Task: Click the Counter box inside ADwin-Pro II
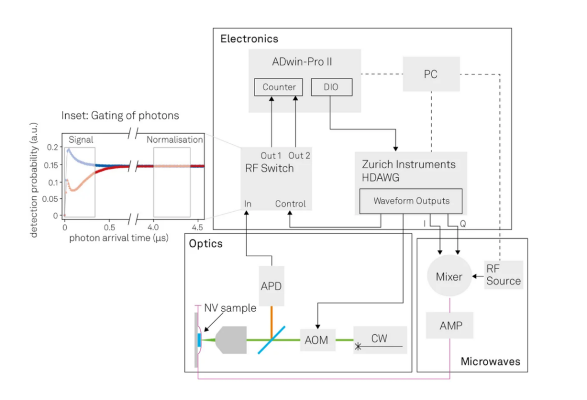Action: [278, 87]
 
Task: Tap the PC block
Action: [430, 74]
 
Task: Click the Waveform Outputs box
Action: [411, 202]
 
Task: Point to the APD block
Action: [271, 286]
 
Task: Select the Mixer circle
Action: [449, 276]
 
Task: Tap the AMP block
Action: [450, 325]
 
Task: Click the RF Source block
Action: [503, 275]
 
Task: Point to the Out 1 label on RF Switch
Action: [270, 155]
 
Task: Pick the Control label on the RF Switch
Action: [290, 204]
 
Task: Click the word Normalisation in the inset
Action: [174, 140]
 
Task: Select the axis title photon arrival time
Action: [118, 238]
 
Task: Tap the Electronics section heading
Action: [249, 39]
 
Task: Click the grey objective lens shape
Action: [231, 340]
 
